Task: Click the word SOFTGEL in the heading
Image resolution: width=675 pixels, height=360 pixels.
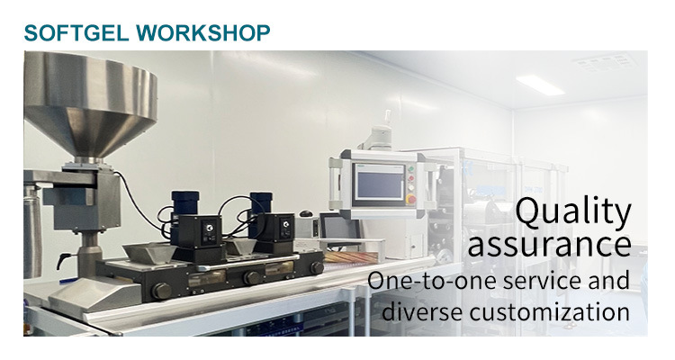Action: (x=76, y=32)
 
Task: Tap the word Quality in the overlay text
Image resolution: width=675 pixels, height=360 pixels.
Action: (x=573, y=212)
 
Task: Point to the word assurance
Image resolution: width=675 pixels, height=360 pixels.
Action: (x=549, y=244)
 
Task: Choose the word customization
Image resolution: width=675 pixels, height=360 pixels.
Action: (x=549, y=311)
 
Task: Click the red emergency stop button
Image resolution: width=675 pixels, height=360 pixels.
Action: (x=411, y=200)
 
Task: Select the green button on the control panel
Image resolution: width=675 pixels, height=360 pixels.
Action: (x=410, y=169)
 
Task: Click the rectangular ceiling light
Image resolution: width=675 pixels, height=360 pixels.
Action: (x=540, y=85)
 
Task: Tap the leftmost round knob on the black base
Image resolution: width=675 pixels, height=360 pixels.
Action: (x=161, y=291)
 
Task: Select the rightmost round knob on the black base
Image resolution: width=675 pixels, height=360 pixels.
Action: (x=317, y=268)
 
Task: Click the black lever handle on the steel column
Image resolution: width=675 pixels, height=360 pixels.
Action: (x=63, y=260)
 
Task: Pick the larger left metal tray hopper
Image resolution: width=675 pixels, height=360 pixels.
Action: (x=148, y=253)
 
